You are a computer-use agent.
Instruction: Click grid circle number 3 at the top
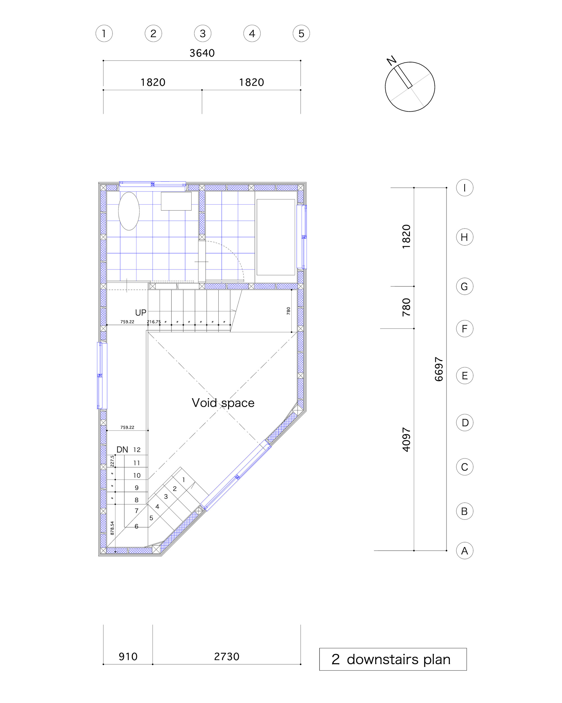pos(202,33)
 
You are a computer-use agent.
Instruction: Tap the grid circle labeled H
pos(464,237)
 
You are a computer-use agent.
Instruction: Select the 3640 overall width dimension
pos(202,53)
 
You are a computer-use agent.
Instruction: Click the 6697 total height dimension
pos(439,369)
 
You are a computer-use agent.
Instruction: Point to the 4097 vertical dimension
pos(406,439)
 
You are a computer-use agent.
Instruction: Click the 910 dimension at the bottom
pos(128,656)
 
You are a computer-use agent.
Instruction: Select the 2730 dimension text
pos(226,656)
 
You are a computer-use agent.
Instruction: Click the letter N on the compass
pos(391,60)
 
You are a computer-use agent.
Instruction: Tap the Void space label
pos(223,403)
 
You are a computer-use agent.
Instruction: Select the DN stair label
pos(122,450)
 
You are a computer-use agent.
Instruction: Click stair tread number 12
pos(137,450)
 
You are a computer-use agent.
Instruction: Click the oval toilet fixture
pos(129,211)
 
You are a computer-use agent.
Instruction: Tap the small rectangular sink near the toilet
pos(176,201)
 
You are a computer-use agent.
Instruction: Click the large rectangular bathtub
pos(275,237)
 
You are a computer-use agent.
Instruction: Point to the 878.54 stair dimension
pos(112,528)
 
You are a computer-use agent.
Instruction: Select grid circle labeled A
pos(464,551)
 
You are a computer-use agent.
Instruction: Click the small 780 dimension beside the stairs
pos(288,311)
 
